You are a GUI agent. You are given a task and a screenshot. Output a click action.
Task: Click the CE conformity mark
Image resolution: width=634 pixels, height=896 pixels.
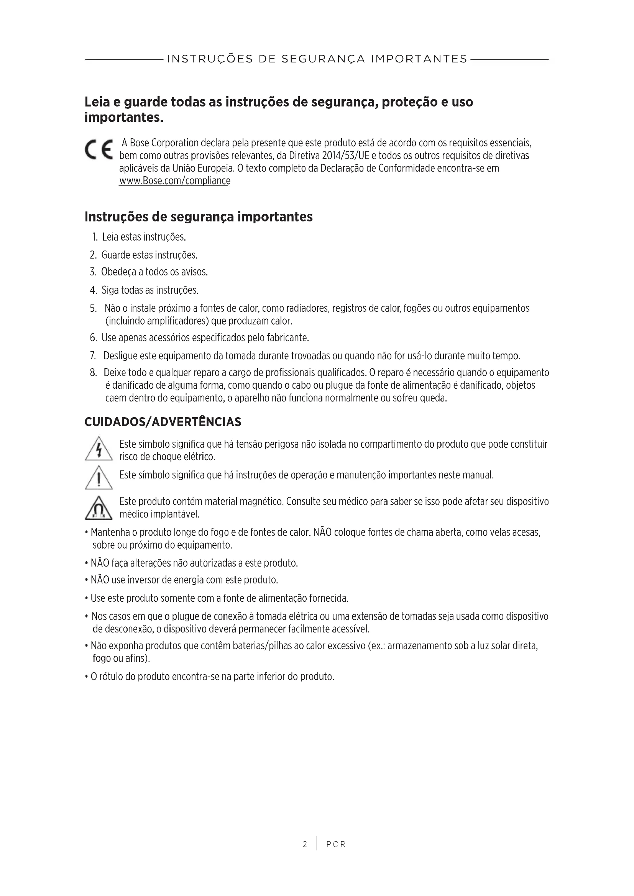tap(99, 149)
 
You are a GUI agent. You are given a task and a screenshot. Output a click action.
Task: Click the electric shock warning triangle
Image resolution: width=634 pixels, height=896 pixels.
tap(99, 449)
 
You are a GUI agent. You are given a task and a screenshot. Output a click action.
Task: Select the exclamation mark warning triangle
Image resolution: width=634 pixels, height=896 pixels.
tap(99, 478)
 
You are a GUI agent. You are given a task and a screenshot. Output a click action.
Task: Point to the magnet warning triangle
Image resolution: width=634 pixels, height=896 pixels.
tap(99, 508)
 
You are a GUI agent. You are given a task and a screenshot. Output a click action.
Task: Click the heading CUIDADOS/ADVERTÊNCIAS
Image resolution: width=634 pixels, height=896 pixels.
tap(163, 422)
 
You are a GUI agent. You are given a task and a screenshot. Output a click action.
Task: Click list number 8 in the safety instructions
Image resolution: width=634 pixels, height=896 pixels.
tap(93, 373)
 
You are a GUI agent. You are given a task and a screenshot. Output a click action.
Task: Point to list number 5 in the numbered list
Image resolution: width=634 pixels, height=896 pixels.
tap(93, 309)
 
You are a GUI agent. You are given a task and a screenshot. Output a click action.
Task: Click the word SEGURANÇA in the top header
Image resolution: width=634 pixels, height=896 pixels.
tap(323, 59)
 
